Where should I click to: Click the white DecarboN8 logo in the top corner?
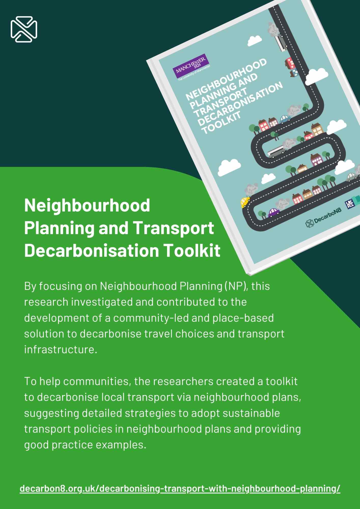pyautogui.click(x=24, y=29)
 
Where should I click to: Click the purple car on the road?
pyautogui.click(x=274, y=212)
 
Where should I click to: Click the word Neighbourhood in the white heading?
pyautogui.click(x=87, y=205)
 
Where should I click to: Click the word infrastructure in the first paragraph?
pyautogui.click(x=61, y=349)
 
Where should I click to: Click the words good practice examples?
pyautogui.click(x=85, y=445)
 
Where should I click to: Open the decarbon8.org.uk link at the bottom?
pyautogui.click(x=180, y=489)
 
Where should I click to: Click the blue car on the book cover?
pyautogui.click(x=285, y=118)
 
